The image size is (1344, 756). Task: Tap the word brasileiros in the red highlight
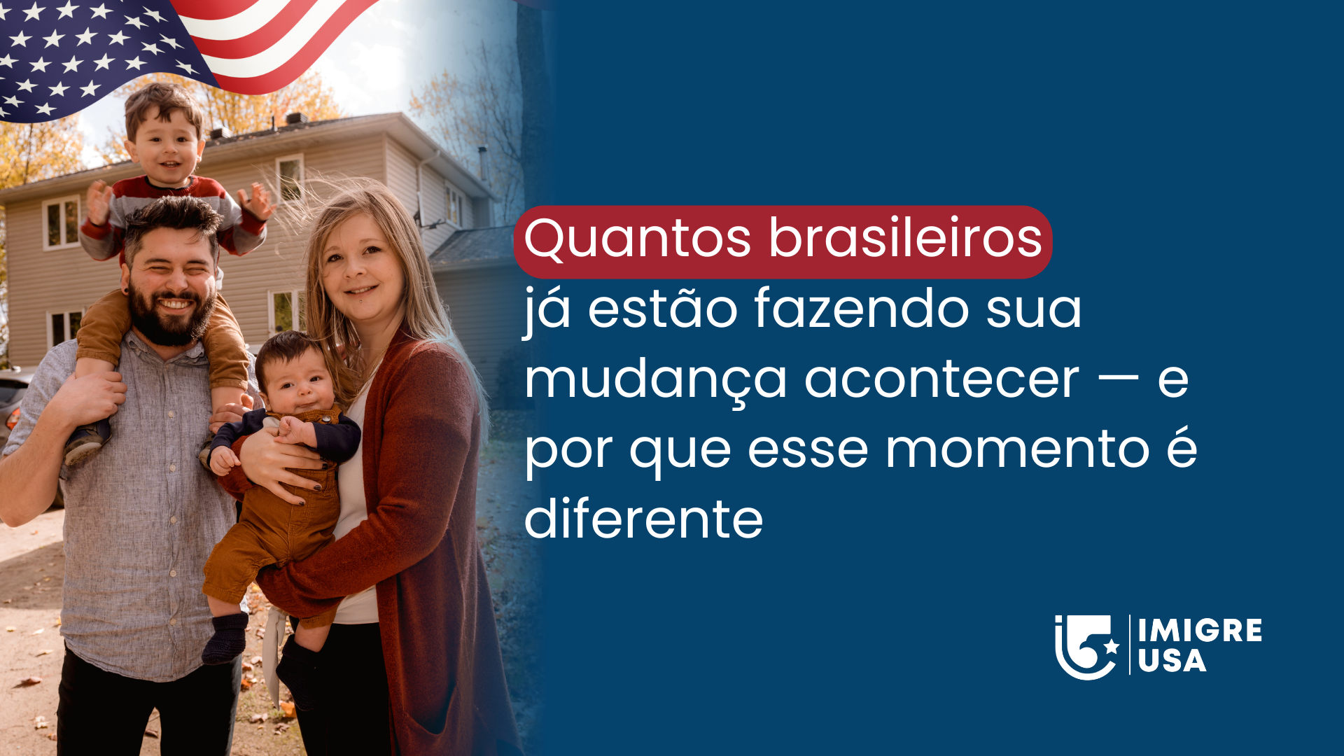(x=906, y=239)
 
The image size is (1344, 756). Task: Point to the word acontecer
(x=941, y=380)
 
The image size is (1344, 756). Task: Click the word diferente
(x=643, y=520)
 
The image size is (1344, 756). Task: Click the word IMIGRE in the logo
(x=1200, y=631)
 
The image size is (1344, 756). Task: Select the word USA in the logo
(x=1172, y=661)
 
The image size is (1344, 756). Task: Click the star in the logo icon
(x=1111, y=645)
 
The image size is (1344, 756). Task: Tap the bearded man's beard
(x=171, y=318)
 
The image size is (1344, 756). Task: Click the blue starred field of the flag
(x=77, y=56)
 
